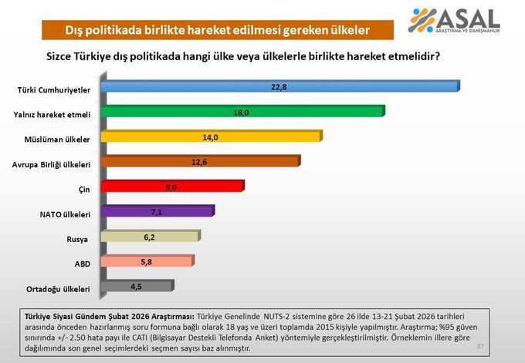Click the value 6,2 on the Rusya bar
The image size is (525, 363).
pyautogui.click(x=150, y=237)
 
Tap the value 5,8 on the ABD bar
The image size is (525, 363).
pyautogui.click(x=146, y=262)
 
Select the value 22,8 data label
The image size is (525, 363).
pyautogui.click(x=279, y=87)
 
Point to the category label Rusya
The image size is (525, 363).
pyautogui.click(x=78, y=239)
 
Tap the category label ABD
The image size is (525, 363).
pyautogui.click(x=82, y=264)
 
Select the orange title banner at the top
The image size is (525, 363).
pyautogui.click(x=217, y=30)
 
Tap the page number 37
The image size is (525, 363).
pyautogui.click(x=479, y=346)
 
